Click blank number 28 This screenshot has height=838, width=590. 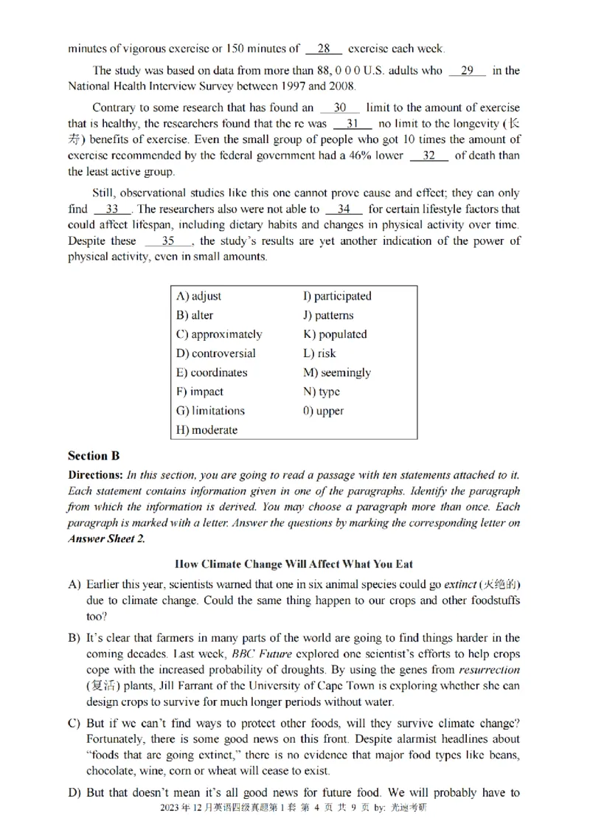tap(323, 49)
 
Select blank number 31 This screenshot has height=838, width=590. tap(352, 124)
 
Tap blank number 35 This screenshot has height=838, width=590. tap(168, 240)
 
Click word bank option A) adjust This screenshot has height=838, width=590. tap(198, 296)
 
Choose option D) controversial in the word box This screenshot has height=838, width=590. tap(216, 353)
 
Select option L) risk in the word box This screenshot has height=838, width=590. tap(319, 353)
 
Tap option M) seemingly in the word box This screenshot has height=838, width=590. tap(336, 373)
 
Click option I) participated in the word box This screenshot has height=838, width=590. tap(337, 296)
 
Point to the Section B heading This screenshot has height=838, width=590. tap(94, 456)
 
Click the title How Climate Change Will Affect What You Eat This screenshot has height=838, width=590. tap(295, 564)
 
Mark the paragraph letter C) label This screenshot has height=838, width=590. tap(74, 723)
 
